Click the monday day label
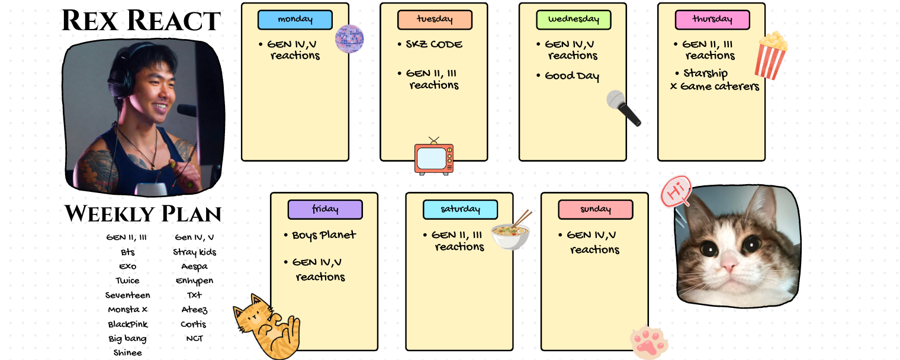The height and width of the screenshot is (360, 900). (295, 20)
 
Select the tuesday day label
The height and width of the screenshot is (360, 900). (434, 20)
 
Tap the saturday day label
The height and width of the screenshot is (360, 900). (460, 210)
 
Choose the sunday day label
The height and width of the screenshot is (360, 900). (595, 210)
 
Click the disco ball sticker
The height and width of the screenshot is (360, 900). (349, 39)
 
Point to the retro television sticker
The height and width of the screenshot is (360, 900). (434, 157)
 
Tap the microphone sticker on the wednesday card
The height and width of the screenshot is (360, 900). (623, 108)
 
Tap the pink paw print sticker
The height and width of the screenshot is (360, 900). (649, 342)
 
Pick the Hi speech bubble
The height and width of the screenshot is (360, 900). (676, 191)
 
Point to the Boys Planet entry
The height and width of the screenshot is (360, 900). (324, 235)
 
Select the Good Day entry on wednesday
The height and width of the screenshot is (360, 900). (572, 76)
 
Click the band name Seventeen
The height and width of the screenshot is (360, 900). (128, 295)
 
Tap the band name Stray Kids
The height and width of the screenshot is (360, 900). (194, 252)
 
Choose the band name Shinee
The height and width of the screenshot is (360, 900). (128, 352)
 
